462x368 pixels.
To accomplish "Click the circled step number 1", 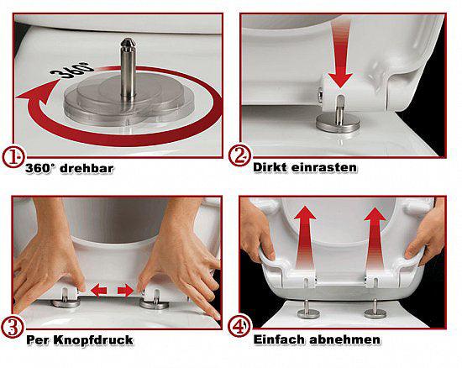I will tap(14, 156).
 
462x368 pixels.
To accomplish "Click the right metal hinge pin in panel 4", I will tap(373, 309).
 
